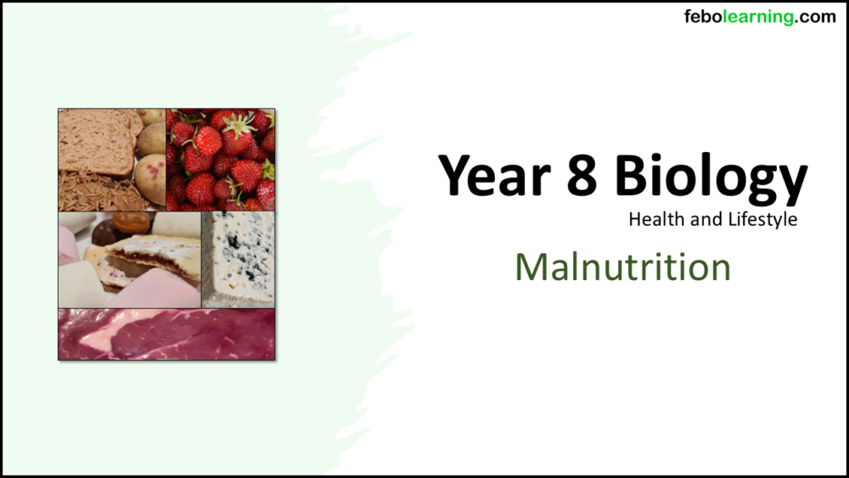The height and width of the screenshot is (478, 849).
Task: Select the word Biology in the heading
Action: point(711,178)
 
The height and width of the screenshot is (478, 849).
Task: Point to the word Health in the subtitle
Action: point(656,219)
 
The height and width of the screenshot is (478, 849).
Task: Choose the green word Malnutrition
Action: point(622,267)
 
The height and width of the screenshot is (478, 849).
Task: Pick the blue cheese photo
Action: point(239,258)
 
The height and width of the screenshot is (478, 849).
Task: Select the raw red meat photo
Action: point(166,335)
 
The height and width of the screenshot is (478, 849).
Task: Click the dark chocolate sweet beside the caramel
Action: point(106,233)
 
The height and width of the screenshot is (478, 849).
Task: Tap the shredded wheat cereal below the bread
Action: point(93,190)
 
